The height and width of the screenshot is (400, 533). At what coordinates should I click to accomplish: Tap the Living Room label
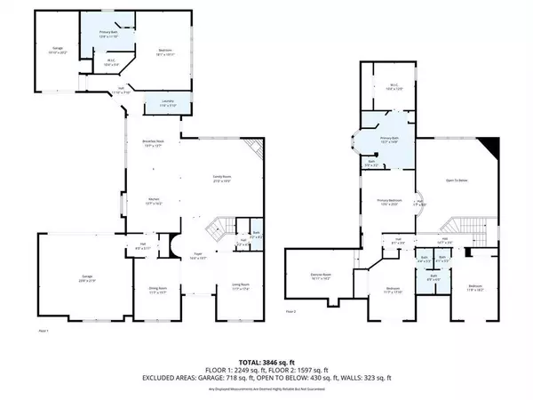click(242, 285)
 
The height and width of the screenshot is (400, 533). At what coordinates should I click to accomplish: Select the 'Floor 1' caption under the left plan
click(43, 330)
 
